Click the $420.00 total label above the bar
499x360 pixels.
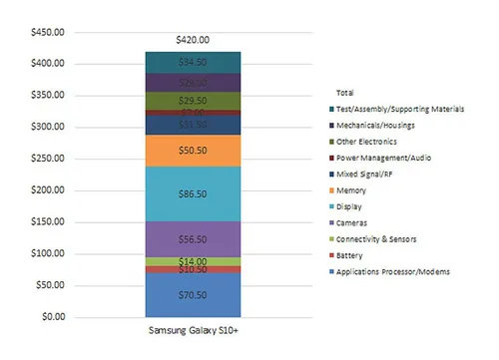(x=192, y=40)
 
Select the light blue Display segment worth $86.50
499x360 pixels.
(x=192, y=194)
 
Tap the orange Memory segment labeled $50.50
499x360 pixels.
(x=192, y=150)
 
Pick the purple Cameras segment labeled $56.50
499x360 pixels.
(x=192, y=239)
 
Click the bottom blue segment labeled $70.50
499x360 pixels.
(x=192, y=295)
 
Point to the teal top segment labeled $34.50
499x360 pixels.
(x=192, y=62)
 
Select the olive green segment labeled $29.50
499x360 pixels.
(x=192, y=100)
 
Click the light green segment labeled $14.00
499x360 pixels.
(x=192, y=261)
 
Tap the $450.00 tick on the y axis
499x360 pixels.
(x=47, y=32)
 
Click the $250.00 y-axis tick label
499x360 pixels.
(x=47, y=159)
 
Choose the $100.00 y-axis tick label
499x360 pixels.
(x=47, y=253)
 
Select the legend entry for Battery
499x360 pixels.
(x=359, y=256)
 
